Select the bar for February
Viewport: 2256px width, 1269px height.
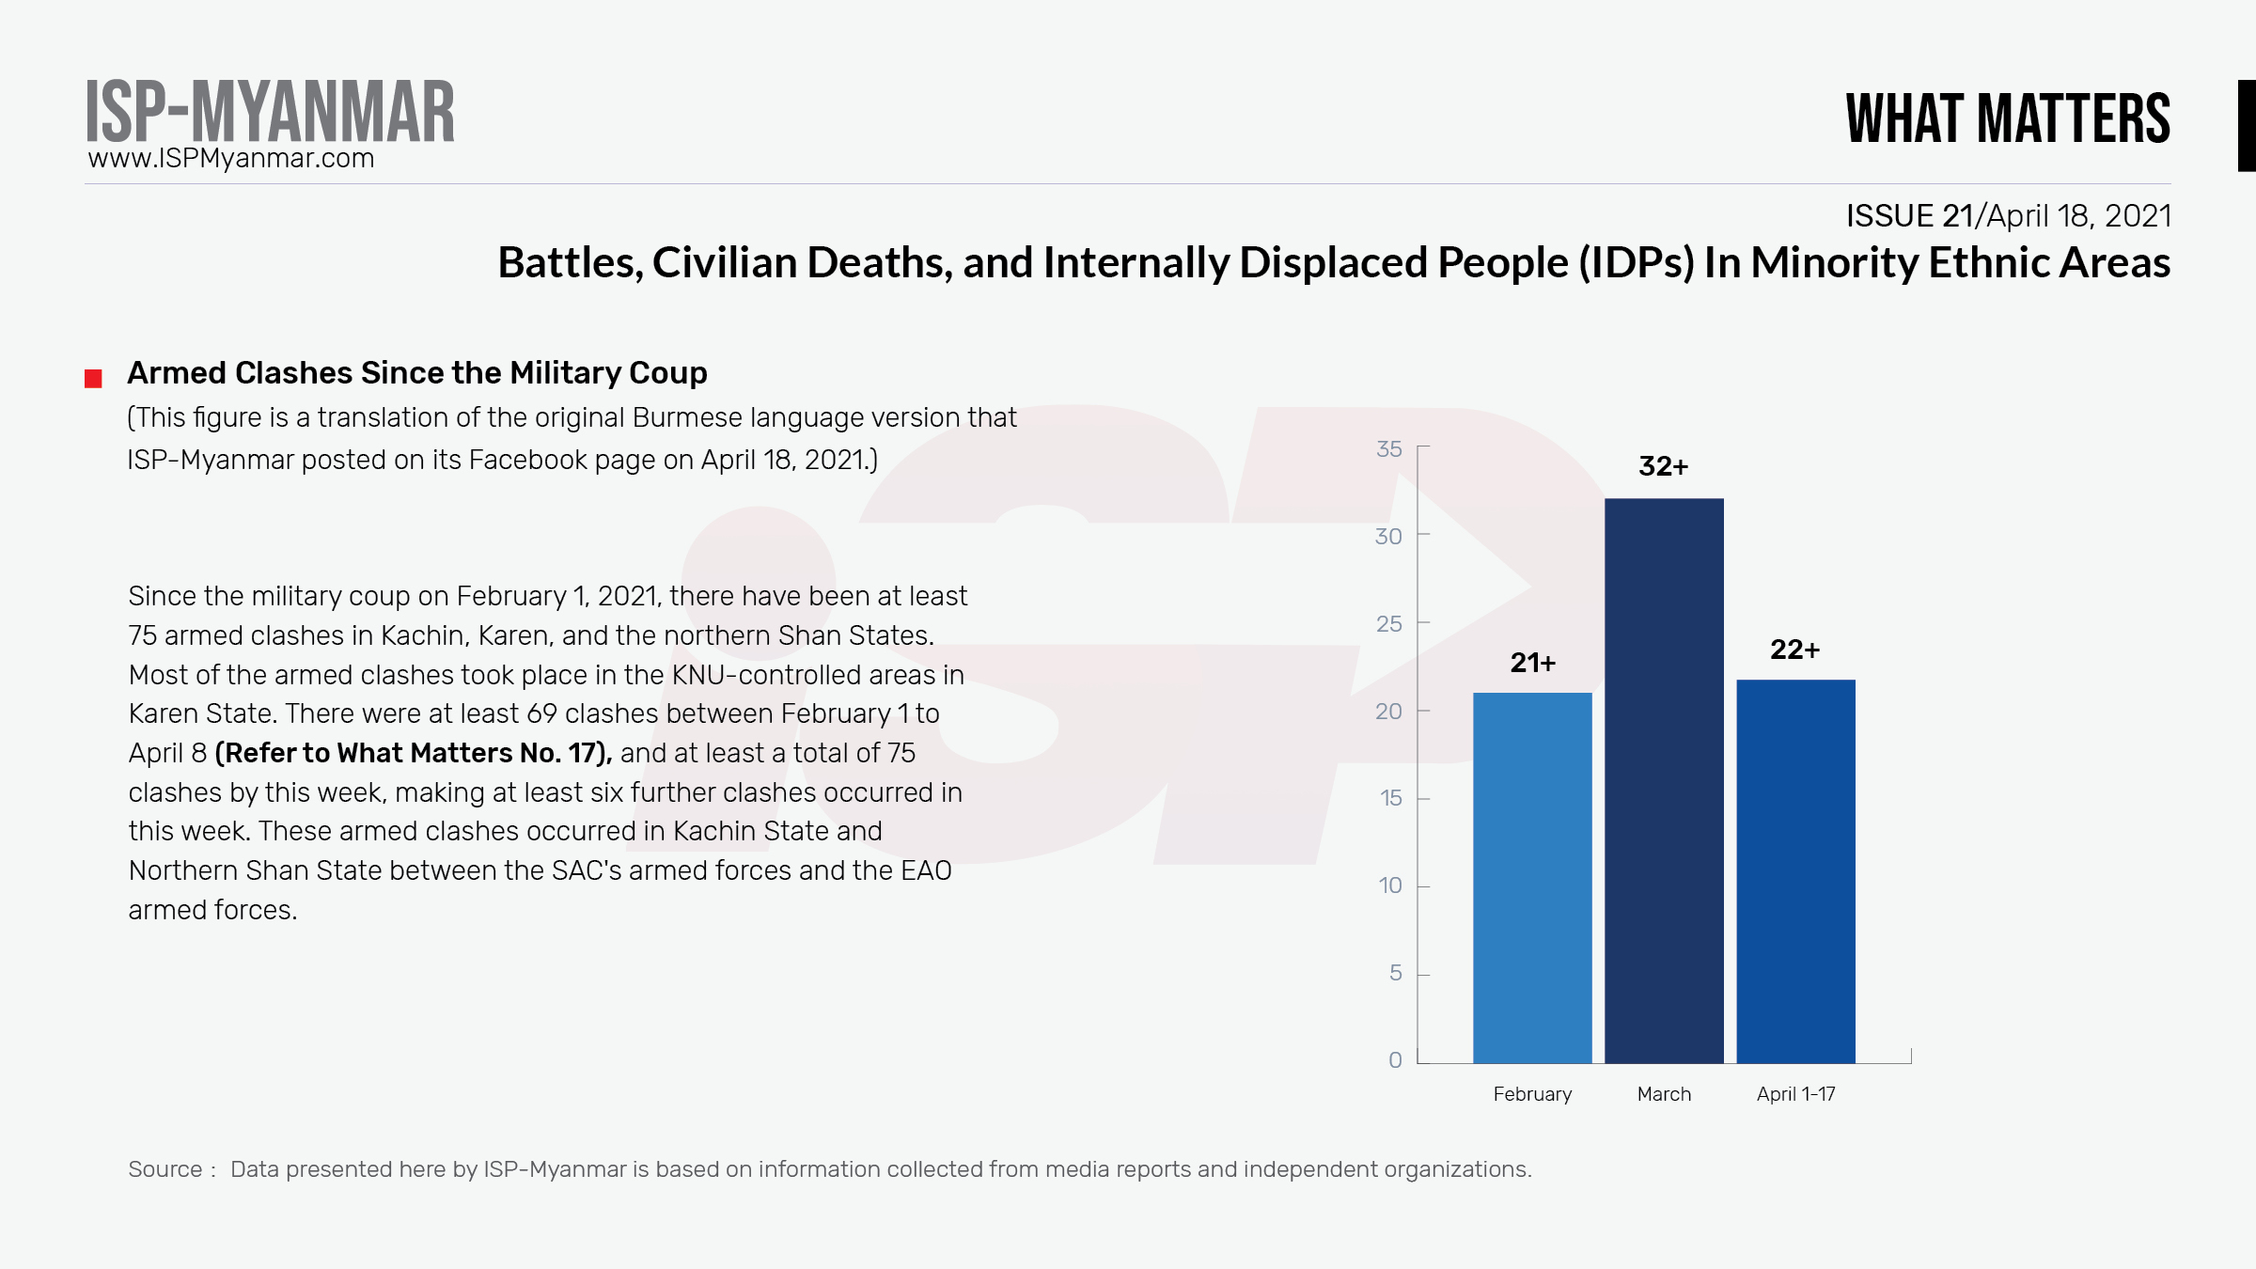pos(1532,878)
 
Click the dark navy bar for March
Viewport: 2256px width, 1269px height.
pos(1664,780)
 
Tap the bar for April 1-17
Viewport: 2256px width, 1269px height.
pos(1795,871)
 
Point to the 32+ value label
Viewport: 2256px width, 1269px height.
pos(1663,466)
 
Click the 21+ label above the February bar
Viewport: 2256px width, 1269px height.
pos(1532,663)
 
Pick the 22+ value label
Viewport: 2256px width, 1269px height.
pos(1794,650)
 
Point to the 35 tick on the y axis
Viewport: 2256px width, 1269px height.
pos(1388,449)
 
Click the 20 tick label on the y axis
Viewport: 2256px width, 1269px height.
pos(1388,712)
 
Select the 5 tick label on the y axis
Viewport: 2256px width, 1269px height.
pos(1395,973)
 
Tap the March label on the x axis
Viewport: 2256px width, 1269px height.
pos(1664,1094)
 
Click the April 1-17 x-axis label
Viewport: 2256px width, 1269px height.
pos(1795,1094)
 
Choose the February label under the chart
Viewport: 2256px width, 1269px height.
pos(1532,1094)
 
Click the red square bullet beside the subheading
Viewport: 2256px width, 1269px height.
pos(93,379)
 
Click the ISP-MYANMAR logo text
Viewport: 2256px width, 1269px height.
pos(270,112)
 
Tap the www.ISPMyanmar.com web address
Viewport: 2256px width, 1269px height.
pos(231,158)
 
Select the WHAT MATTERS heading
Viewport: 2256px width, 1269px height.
pos(2008,119)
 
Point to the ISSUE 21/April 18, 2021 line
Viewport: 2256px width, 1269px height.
pos(2008,216)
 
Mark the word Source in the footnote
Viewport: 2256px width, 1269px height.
pos(165,1169)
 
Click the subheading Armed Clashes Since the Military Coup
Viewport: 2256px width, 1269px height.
pos(416,373)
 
